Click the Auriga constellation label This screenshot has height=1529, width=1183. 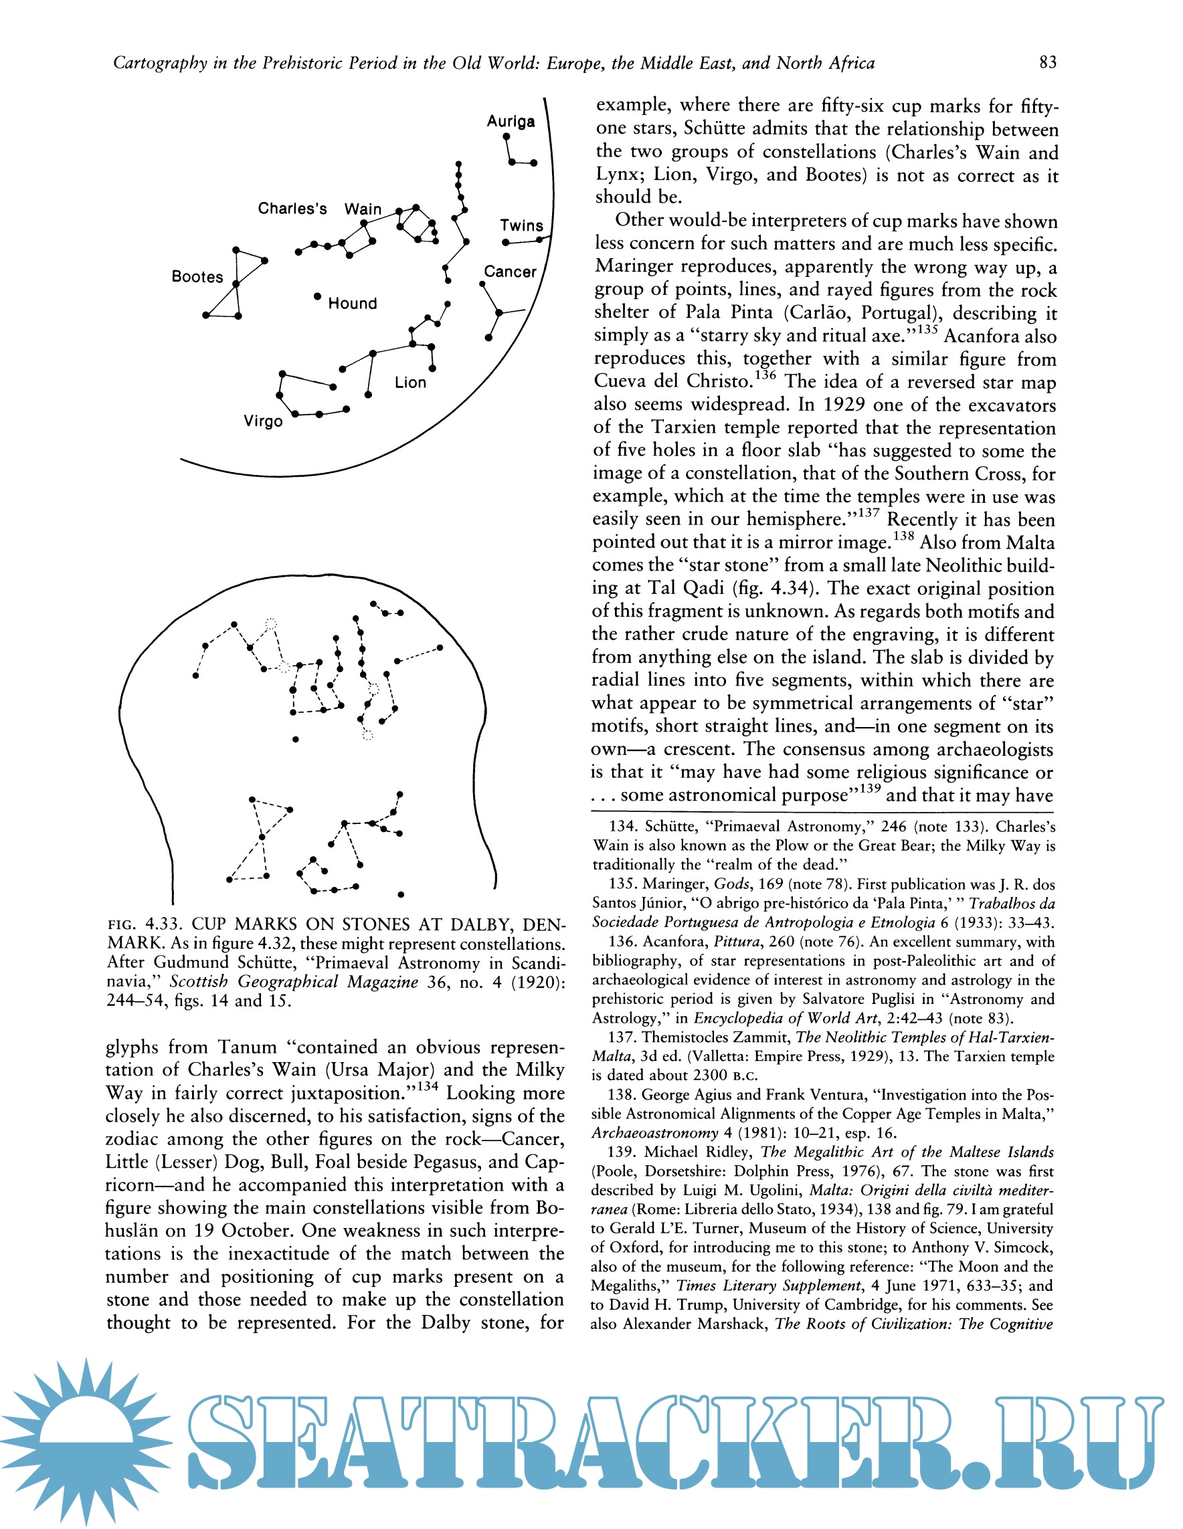[511, 121]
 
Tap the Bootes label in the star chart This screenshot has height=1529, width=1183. [197, 276]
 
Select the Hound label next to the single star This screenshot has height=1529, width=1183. [353, 303]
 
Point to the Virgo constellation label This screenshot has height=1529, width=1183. [264, 421]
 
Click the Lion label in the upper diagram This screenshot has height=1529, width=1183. [410, 383]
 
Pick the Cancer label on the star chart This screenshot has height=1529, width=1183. [510, 272]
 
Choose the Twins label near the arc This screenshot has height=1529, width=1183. [521, 225]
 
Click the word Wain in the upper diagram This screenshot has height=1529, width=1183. [363, 209]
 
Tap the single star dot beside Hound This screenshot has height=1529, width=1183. [317, 296]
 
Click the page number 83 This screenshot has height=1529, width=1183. [1048, 63]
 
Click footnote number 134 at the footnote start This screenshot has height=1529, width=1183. [623, 827]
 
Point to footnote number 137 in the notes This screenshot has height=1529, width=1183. [622, 1037]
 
